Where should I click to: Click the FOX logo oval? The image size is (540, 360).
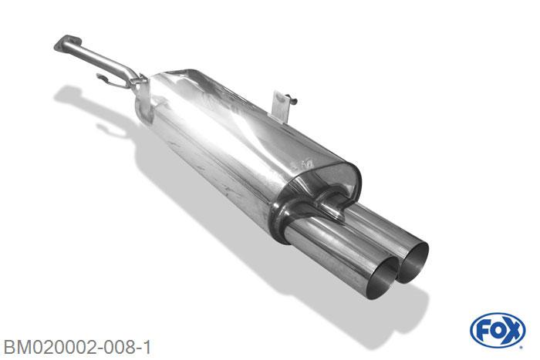[x=498, y=331]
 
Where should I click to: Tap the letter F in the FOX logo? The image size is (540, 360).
[x=482, y=331]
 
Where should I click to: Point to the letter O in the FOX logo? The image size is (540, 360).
[x=498, y=331]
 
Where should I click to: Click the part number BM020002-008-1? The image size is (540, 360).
[x=77, y=347]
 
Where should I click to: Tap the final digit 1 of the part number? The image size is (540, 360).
[x=147, y=347]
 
